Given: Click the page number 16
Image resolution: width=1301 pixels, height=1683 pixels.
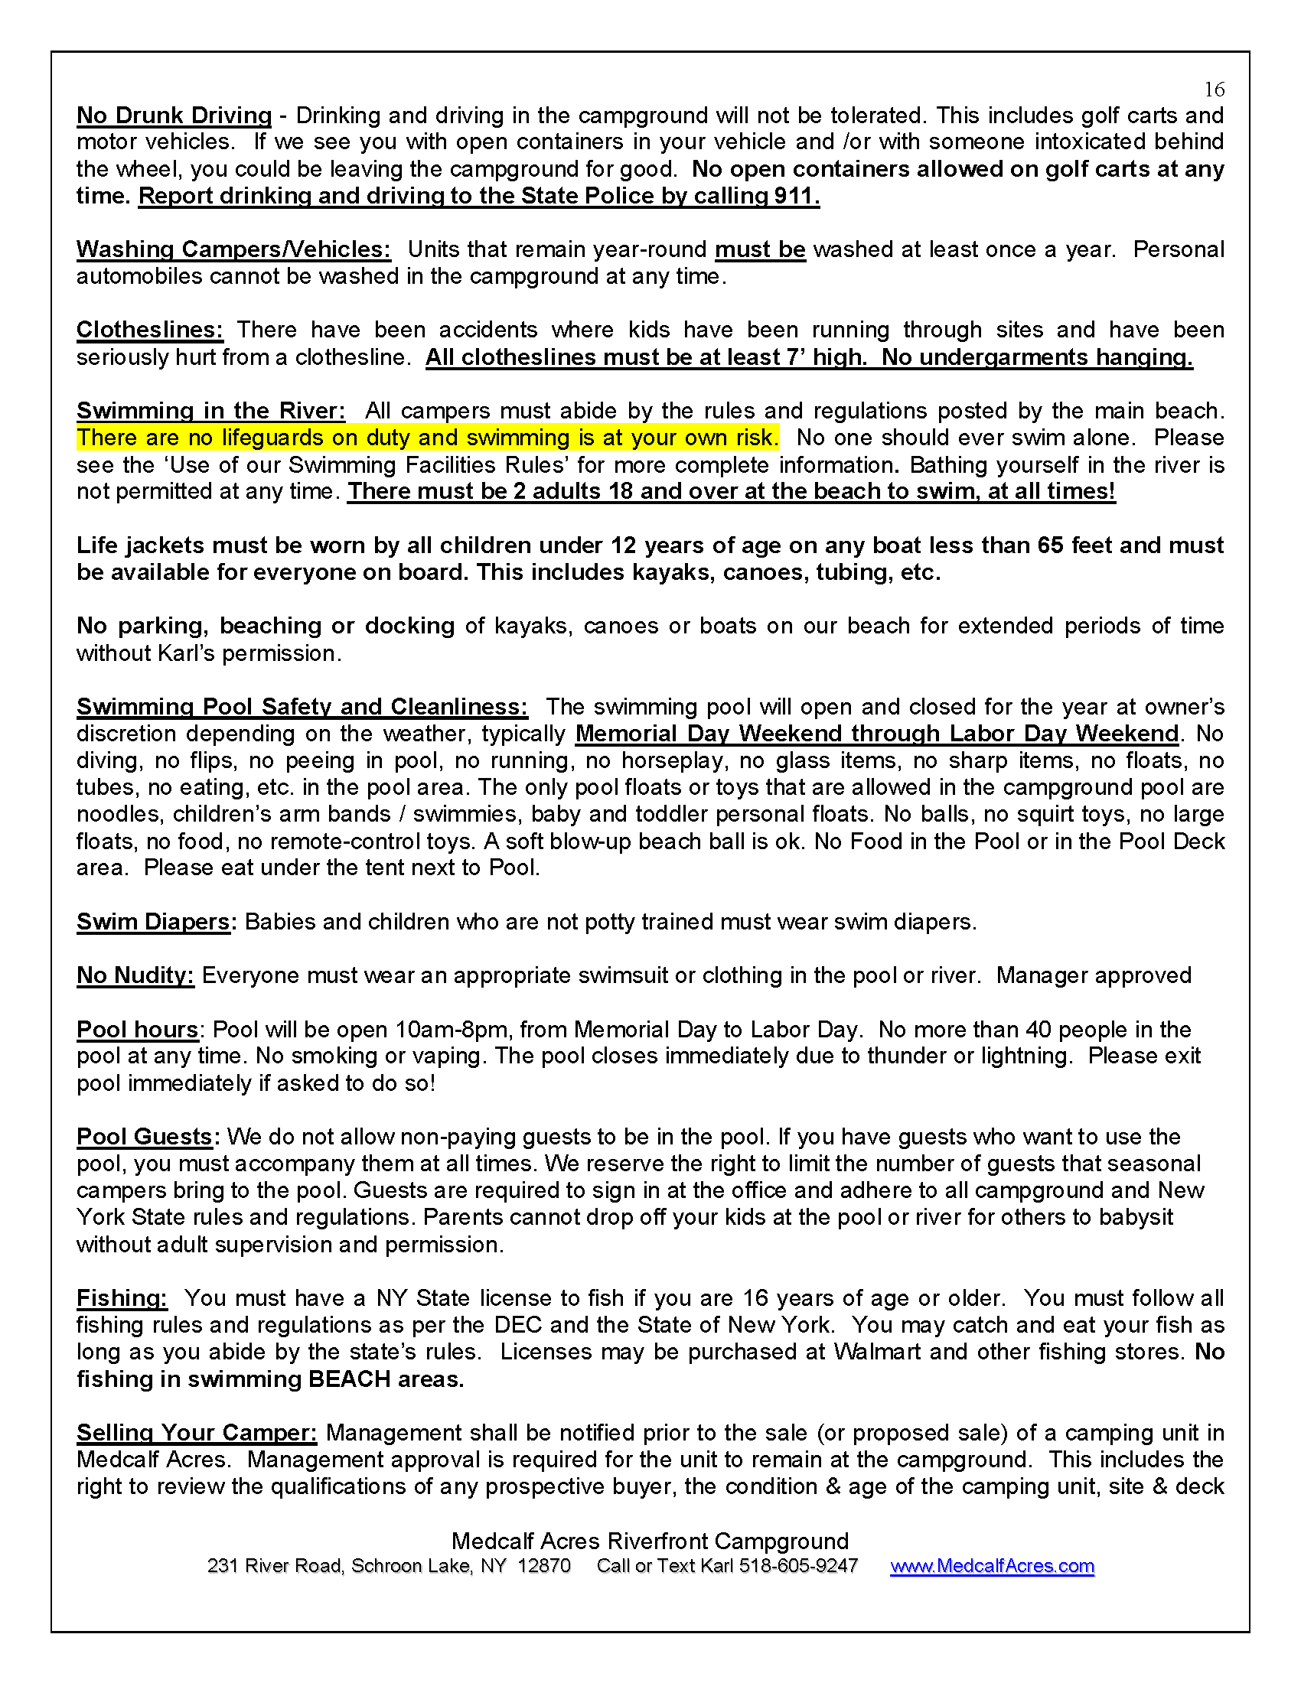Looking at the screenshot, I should point(1214,90).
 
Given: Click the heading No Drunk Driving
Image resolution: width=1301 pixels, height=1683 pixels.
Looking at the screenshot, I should point(174,116).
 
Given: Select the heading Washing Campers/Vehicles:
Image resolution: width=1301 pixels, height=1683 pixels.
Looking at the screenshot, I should point(233,249).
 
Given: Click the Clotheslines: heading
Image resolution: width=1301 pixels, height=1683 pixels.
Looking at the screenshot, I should point(149,330).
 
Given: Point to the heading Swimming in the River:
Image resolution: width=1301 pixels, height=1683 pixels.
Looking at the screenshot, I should point(210,411).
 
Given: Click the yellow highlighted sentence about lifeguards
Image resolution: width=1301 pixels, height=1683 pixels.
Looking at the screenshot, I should point(427,438).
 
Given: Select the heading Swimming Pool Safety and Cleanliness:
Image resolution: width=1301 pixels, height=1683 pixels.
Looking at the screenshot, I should point(302,707).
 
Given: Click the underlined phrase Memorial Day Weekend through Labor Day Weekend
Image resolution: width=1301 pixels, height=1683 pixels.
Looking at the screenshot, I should point(877,734).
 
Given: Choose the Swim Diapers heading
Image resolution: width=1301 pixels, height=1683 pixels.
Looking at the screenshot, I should point(153,922).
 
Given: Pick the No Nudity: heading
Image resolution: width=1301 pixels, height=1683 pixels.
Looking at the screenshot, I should point(135,975).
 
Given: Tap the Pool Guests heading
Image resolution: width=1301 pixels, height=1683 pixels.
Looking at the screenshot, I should point(144,1137).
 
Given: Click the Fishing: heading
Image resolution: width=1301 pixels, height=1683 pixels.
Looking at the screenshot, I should point(122,1298).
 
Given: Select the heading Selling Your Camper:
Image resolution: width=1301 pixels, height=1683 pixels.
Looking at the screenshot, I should point(197,1433).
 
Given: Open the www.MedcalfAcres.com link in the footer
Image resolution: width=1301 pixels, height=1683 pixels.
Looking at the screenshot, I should point(992,1567).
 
